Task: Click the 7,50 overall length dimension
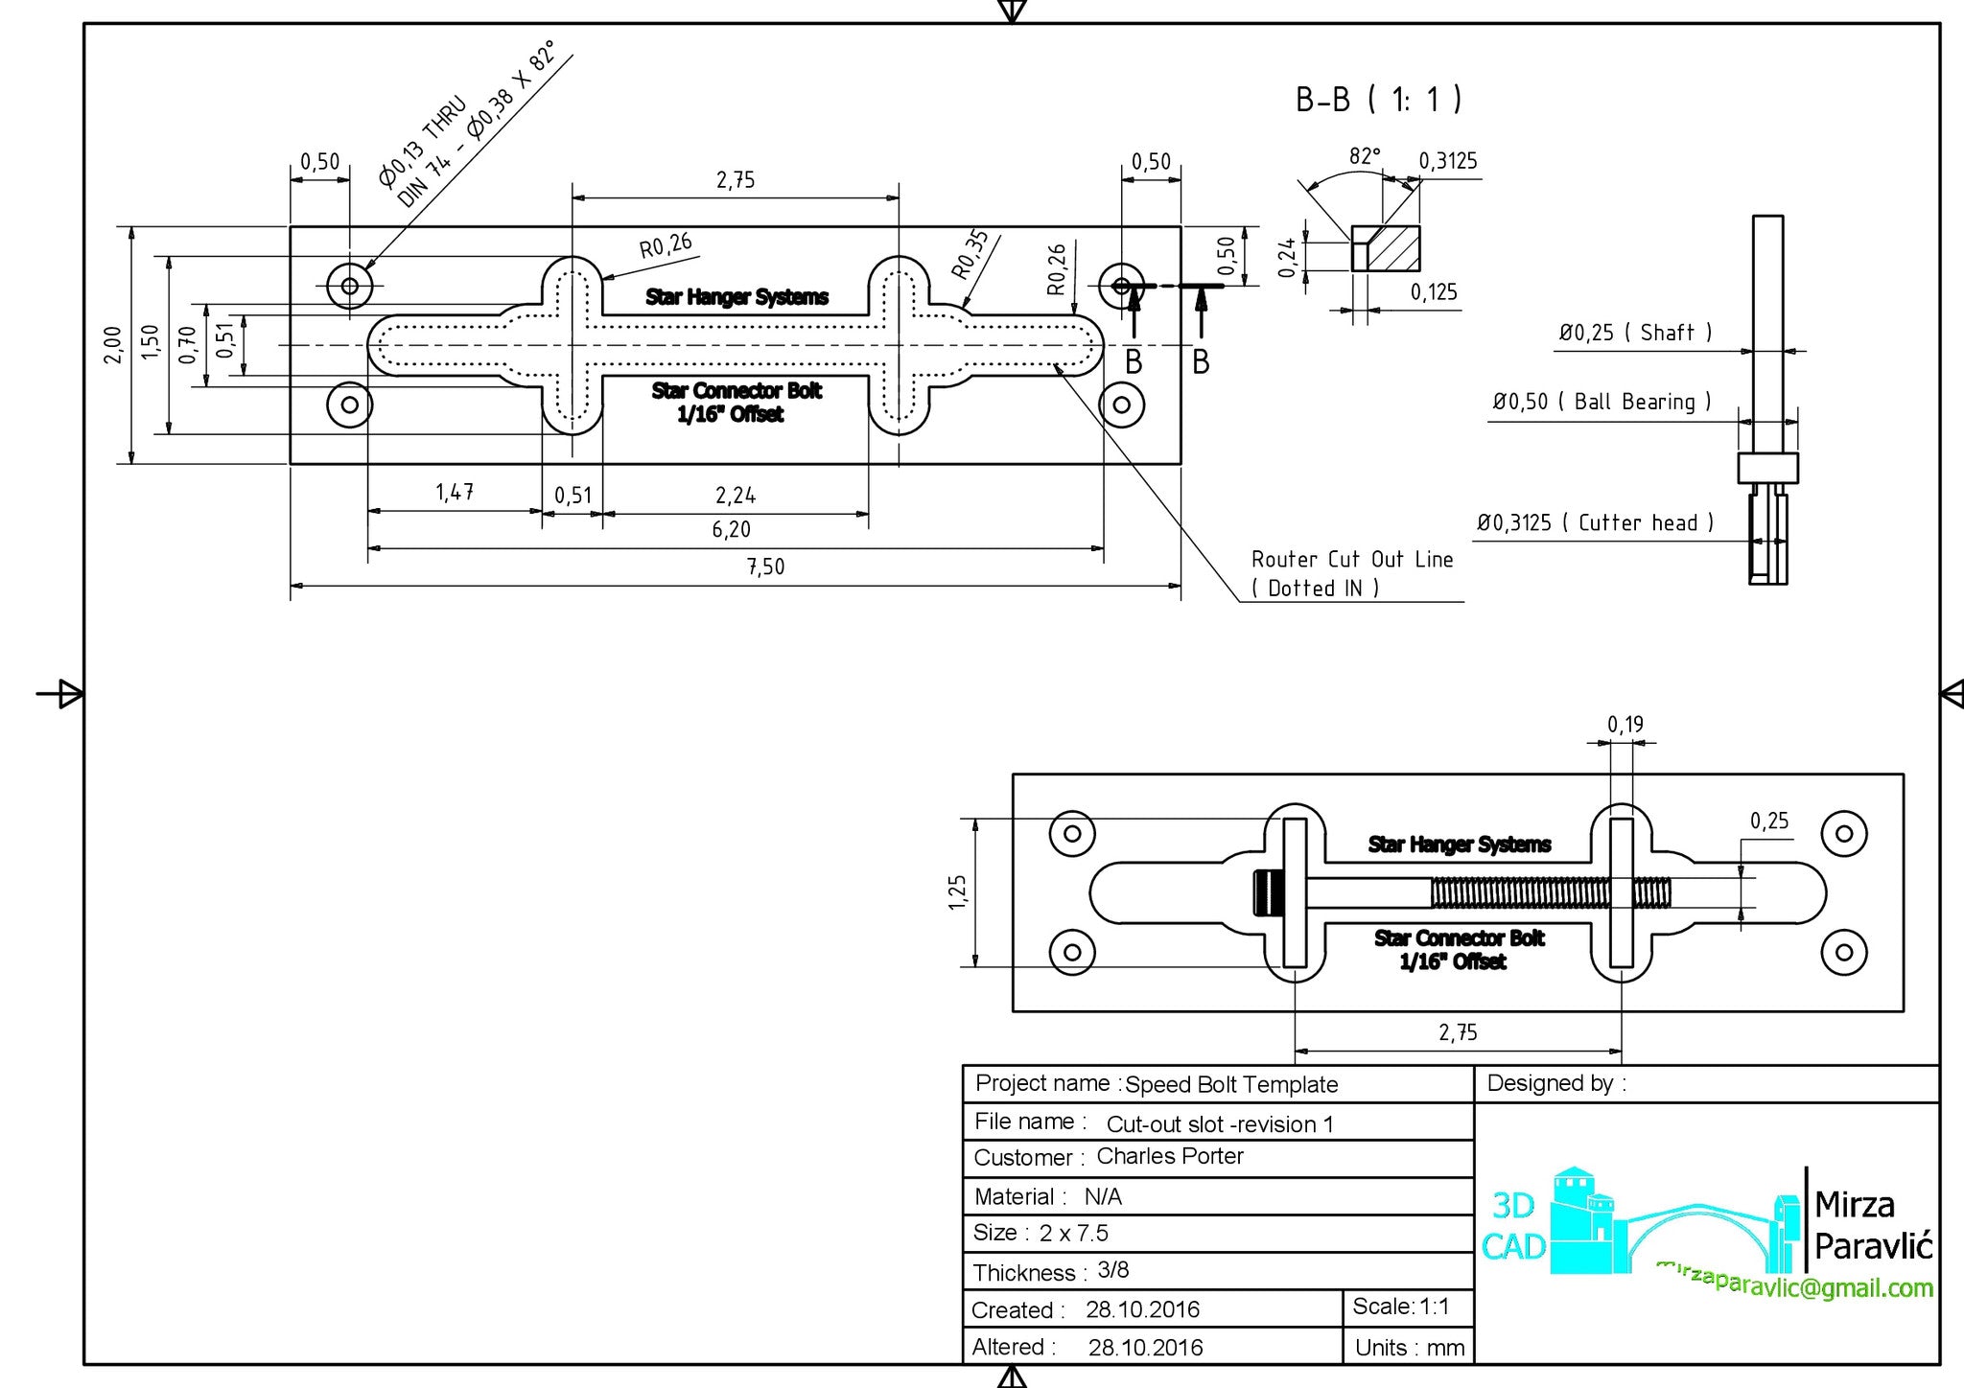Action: click(765, 567)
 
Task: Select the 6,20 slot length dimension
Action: click(732, 529)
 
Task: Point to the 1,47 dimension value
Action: click(455, 493)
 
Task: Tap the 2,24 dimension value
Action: click(736, 496)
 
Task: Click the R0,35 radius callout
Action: click(970, 254)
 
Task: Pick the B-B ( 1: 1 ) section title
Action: click(1378, 100)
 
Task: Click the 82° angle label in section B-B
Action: click(1364, 156)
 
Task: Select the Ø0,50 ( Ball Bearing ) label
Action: click(1601, 402)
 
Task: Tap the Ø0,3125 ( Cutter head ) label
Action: click(1594, 523)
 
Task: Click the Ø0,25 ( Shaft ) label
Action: click(1634, 333)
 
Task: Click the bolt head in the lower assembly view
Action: click(1268, 893)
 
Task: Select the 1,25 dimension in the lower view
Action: click(957, 892)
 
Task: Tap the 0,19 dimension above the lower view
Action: click(1625, 725)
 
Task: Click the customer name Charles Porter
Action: click(1169, 1156)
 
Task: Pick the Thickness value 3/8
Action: click(1112, 1270)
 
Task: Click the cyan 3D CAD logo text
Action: click(1513, 1226)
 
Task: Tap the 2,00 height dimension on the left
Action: click(113, 344)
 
